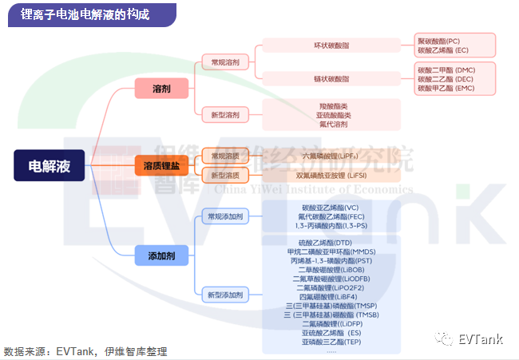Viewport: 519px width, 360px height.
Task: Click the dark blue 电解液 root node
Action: [x=49, y=165]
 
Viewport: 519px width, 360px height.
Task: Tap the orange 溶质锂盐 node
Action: [x=161, y=165]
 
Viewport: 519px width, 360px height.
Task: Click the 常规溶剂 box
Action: [x=225, y=61]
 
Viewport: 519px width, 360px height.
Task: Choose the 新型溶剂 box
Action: [x=225, y=115]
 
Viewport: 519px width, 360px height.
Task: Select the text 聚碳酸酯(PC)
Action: [x=439, y=41]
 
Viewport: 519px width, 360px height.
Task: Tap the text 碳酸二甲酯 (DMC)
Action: [x=446, y=69]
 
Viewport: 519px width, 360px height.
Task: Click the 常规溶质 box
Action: [x=225, y=156]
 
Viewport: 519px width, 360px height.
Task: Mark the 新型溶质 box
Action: [x=225, y=175]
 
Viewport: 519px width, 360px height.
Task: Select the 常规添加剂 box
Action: [x=225, y=216]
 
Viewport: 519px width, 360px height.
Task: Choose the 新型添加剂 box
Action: [x=225, y=295]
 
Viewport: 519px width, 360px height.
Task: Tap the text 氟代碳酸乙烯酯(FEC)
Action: [x=331, y=217]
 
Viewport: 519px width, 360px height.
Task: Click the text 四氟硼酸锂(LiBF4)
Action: [x=331, y=297]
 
